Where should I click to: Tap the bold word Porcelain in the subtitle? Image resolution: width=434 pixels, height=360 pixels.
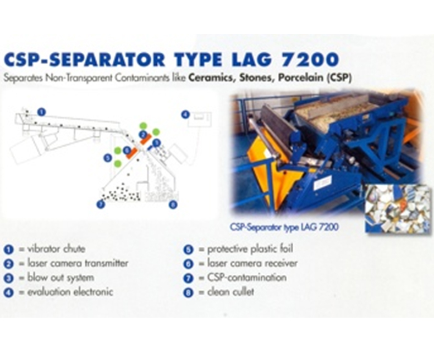tap(300, 77)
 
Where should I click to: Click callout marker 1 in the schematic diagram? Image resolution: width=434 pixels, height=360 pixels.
tap(41, 112)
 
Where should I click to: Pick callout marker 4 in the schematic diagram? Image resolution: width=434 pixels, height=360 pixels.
tap(185, 114)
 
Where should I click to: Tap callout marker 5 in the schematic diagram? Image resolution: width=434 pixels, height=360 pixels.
tap(107, 158)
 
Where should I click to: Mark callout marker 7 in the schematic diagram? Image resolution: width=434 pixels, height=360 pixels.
tap(101, 204)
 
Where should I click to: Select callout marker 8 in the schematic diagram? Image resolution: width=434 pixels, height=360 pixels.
tap(173, 205)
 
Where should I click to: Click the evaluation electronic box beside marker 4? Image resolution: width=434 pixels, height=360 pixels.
tap(200, 119)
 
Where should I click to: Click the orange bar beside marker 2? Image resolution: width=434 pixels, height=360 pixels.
tap(145, 139)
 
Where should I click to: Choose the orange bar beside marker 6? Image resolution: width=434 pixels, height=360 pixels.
tap(132, 153)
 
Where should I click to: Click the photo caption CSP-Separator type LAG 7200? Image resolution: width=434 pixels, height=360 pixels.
tap(284, 228)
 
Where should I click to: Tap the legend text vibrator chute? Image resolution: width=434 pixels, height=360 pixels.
tap(56, 249)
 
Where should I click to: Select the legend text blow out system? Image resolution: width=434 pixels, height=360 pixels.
tap(61, 278)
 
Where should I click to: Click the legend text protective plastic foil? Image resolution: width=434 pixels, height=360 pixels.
tap(250, 249)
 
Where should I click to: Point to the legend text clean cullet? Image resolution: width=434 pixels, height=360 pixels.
tap(230, 292)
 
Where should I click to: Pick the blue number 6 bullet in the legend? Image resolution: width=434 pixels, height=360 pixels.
tap(188, 263)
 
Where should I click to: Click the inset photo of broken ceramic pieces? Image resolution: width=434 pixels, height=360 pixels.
tap(398, 209)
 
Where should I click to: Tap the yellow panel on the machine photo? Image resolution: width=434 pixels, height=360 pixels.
tap(266, 171)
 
